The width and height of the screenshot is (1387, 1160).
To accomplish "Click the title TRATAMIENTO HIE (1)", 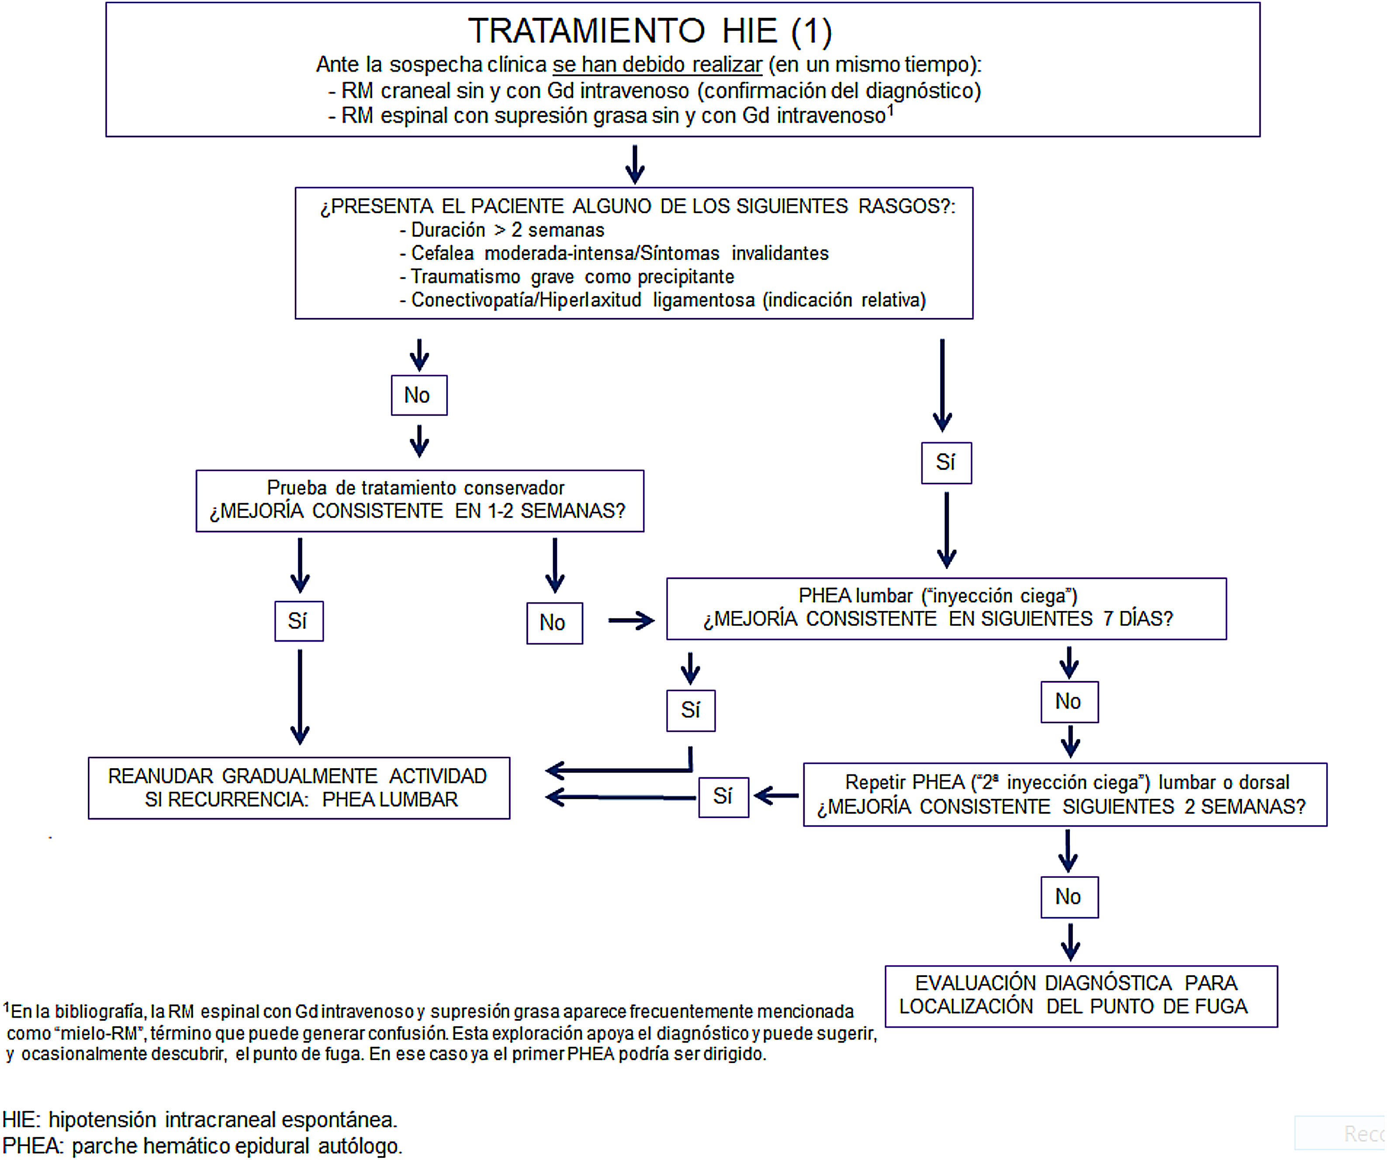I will point(650,31).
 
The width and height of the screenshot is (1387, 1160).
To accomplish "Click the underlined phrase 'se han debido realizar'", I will point(657,65).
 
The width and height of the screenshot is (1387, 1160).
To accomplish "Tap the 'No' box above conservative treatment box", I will point(419,395).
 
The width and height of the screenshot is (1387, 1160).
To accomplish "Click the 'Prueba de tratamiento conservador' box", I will point(419,501).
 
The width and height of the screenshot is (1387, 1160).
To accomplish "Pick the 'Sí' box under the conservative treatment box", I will point(298,621).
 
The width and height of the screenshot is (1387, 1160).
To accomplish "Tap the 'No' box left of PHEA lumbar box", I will point(554,623).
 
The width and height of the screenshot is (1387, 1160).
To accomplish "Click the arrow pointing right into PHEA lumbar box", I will point(631,621).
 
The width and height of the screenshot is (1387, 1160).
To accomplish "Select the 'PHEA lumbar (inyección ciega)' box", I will point(946,608).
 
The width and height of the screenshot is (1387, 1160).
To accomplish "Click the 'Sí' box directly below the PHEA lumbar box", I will point(690,711).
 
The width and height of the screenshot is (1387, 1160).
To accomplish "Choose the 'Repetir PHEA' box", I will point(1064,794).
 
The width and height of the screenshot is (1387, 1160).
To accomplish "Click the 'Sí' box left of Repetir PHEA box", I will point(723,797).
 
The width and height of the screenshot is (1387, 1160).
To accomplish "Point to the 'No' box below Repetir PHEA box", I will point(1069,897).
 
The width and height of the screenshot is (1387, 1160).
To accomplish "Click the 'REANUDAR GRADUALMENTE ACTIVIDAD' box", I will point(298,787).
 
